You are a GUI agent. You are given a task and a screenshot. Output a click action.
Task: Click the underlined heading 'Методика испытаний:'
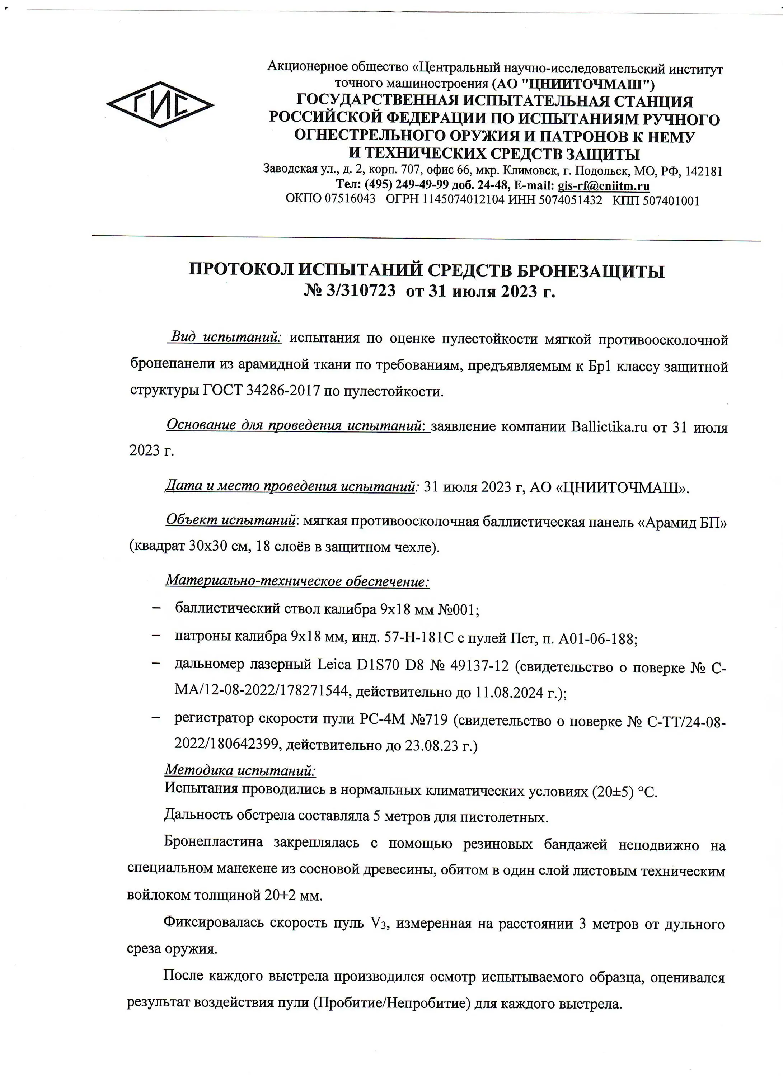click(240, 770)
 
